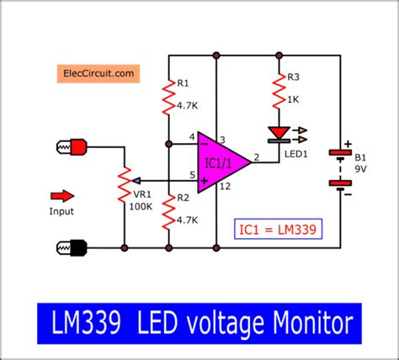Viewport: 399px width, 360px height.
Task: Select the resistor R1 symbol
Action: click(x=168, y=99)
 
